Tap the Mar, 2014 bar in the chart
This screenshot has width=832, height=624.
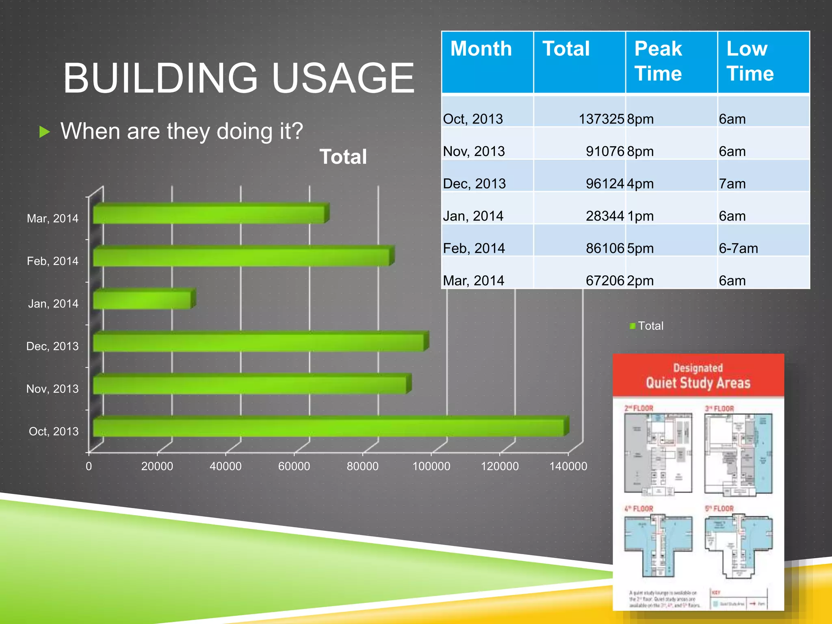209,214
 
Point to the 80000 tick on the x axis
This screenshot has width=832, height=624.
362,466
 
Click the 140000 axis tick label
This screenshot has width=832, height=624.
568,466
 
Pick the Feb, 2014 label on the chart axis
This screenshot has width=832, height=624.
53,261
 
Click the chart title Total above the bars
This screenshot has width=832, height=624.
343,157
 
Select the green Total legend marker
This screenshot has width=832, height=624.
633,326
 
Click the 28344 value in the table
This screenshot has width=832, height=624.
604,216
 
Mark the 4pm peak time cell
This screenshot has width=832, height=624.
640,184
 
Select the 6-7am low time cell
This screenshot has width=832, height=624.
738,248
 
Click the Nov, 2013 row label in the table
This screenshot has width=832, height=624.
474,152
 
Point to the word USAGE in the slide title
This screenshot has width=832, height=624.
343,78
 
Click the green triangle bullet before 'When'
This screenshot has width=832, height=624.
45,132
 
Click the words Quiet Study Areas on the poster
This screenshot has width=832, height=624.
698,383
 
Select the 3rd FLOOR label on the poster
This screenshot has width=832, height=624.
719,409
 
